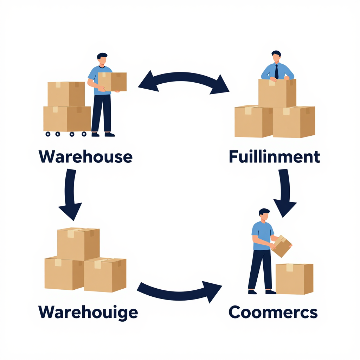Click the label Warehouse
85,156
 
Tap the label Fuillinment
274,156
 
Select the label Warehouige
88,313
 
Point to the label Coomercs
273,312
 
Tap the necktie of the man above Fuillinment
276,72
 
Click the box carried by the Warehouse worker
112,82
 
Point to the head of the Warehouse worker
102,59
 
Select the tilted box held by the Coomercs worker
282,246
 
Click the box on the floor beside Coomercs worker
294,279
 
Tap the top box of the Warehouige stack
78,244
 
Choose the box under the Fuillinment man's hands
277,93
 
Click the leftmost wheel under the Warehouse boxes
48,134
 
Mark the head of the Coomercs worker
264,215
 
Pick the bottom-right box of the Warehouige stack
105,275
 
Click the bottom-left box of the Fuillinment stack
254,121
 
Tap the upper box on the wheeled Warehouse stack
66,94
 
